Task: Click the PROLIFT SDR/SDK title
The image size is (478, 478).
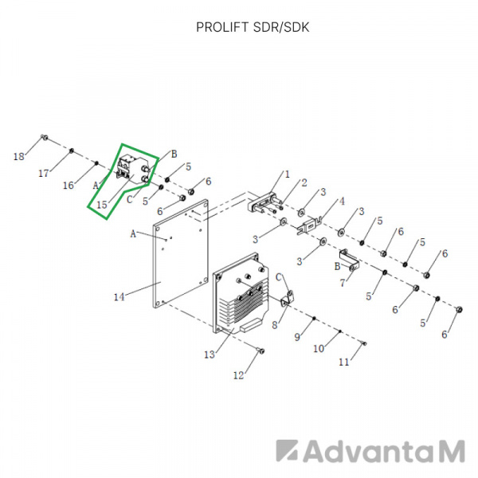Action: (253, 27)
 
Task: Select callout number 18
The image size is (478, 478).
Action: (19, 157)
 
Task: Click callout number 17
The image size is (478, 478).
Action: (44, 174)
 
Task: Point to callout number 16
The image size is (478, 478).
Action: (69, 185)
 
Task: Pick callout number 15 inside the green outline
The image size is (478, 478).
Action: (102, 205)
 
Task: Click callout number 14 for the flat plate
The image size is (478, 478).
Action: (119, 296)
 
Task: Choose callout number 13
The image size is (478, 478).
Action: (210, 355)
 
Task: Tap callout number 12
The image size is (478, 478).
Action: (239, 375)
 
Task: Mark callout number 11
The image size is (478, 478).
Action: (344, 362)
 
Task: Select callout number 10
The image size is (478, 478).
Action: (319, 348)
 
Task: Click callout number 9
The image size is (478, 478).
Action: (297, 337)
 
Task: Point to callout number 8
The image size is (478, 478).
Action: (275, 325)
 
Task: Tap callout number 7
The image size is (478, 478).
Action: (343, 283)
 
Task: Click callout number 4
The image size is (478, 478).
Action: (342, 202)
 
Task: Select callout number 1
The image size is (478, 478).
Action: (287, 174)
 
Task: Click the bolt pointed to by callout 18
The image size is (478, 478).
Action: (45, 138)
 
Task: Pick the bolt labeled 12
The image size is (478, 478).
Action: (261, 351)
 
